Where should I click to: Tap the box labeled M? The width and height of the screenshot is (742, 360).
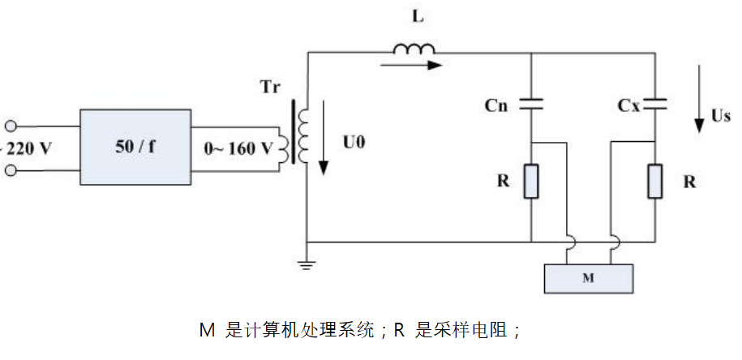click(x=589, y=278)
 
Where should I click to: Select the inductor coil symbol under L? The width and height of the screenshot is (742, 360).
click(x=415, y=50)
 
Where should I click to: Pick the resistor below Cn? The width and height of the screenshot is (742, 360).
click(x=530, y=182)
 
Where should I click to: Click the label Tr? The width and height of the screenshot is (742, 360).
click(x=271, y=88)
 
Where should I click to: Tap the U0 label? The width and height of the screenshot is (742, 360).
click(x=354, y=143)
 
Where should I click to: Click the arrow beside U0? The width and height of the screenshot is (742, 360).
click(x=324, y=138)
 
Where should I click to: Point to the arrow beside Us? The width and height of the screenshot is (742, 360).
click(x=699, y=101)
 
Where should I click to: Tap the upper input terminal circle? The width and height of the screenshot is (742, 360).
click(x=11, y=126)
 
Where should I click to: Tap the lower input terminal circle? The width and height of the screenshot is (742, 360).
click(x=11, y=170)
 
